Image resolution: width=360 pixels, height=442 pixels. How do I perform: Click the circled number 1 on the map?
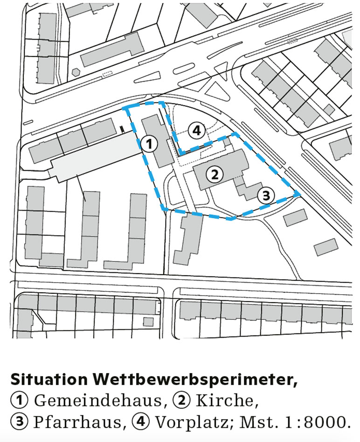click(x=149, y=143)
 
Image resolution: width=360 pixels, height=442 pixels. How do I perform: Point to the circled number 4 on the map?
click(x=197, y=131)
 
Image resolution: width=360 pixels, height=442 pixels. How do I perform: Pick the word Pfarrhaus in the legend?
click(x=79, y=422)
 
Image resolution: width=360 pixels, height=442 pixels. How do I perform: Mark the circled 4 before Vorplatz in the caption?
click(x=141, y=422)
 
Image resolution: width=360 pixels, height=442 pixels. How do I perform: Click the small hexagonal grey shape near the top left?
click(x=76, y=73)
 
